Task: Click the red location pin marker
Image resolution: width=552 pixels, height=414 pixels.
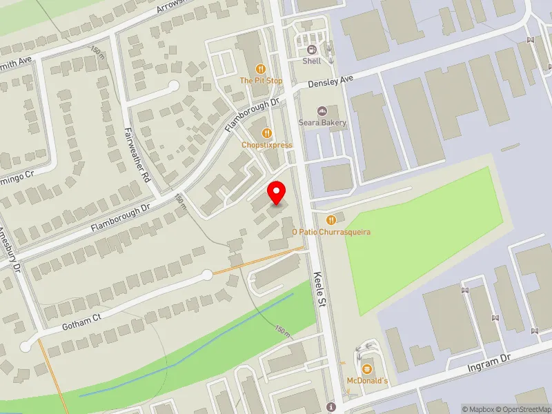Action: pyautogui.click(x=277, y=193)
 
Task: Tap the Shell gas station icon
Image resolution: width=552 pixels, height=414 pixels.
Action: pyautogui.click(x=312, y=49)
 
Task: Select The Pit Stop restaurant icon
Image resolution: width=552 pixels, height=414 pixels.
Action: pyautogui.click(x=261, y=68)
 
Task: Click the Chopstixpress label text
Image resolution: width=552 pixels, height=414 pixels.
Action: pyautogui.click(x=267, y=145)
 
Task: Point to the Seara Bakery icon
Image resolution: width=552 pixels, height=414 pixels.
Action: pyautogui.click(x=322, y=111)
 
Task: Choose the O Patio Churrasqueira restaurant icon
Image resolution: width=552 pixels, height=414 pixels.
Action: pyautogui.click(x=331, y=220)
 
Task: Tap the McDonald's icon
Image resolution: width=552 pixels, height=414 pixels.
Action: pyautogui.click(x=367, y=369)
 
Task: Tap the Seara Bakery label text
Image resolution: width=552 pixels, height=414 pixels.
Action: pyautogui.click(x=322, y=123)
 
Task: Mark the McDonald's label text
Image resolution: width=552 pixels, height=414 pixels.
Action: pyautogui.click(x=367, y=381)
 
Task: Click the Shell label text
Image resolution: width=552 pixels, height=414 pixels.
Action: pyautogui.click(x=312, y=61)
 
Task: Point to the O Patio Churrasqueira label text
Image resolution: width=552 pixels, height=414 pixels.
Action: pyautogui.click(x=331, y=232)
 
